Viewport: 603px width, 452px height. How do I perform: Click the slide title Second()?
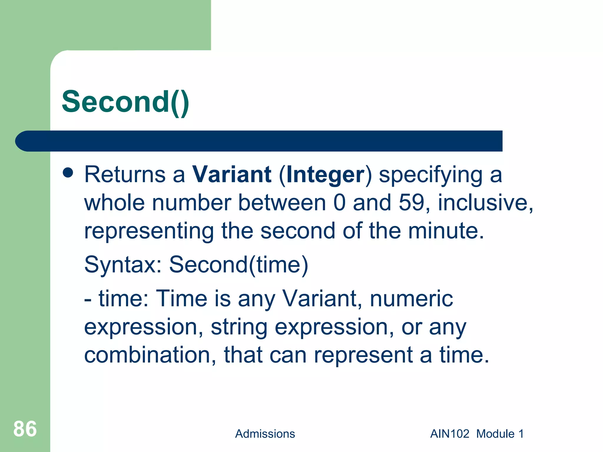pos(125,102)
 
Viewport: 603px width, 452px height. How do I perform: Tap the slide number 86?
pos(25,429)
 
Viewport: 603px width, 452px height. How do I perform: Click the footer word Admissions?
pos(265,434)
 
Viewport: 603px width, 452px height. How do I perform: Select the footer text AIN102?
pos(450,434)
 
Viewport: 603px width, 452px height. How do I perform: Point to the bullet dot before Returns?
pos(68,173)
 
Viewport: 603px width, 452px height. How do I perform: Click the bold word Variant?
pos(232,175)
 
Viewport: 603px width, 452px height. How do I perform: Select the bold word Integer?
pos(325,175)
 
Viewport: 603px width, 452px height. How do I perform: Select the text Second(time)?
pos(238,265)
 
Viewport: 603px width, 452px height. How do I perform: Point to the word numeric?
pos(411,299)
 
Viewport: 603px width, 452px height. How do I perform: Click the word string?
pos(239,327)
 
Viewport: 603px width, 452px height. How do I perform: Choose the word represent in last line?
pos(363,355)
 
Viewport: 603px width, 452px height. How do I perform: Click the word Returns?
pos(125,175)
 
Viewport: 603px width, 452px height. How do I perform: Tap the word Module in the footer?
pos(495,434)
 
